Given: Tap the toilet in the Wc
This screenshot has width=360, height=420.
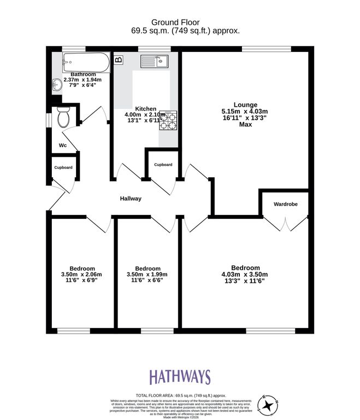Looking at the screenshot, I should pos(63,116).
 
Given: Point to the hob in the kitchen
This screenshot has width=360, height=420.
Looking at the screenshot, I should pos(168,120).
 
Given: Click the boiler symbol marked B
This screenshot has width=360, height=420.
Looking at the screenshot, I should pos(119,60).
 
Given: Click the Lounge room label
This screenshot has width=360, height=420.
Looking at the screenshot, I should pos(245,104).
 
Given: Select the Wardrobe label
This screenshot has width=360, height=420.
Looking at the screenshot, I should pos(286,205).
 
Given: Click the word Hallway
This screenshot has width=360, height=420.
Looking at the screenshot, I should pos(131,199).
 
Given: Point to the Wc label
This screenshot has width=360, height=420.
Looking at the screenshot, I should pos(62,146).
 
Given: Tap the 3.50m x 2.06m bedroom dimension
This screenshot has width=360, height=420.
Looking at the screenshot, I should pos(81,275).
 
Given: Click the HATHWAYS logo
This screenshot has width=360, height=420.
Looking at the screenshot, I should pos(180,377).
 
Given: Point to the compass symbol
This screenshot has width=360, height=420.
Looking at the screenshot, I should pos(269,405).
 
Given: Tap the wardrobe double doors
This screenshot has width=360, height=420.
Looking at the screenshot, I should pos(285,224).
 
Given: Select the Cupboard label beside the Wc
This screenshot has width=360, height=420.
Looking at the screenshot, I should pos(63,167).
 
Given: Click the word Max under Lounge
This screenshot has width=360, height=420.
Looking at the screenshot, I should pos(245,125).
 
